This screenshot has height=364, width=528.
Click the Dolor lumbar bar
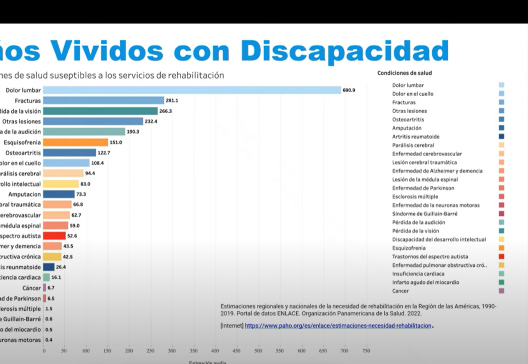192,90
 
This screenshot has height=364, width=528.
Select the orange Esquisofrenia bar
75,142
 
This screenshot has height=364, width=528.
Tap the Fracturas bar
104,101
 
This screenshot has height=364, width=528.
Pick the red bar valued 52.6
55,236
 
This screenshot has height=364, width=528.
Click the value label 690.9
349,90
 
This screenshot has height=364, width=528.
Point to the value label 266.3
165,111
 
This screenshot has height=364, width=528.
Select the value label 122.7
104,153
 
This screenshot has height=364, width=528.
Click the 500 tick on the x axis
258,351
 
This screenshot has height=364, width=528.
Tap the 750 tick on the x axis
366,351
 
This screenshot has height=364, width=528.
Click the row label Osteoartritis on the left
23,153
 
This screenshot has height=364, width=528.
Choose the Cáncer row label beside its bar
32,288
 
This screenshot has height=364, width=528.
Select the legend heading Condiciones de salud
404,73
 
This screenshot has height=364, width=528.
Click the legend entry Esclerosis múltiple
415,197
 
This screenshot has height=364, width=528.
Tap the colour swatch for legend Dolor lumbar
501,85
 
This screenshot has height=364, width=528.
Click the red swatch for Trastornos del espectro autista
501,257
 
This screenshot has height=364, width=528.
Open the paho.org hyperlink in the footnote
338,326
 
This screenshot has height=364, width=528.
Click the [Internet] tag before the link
232,326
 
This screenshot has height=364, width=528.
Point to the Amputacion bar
59,194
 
